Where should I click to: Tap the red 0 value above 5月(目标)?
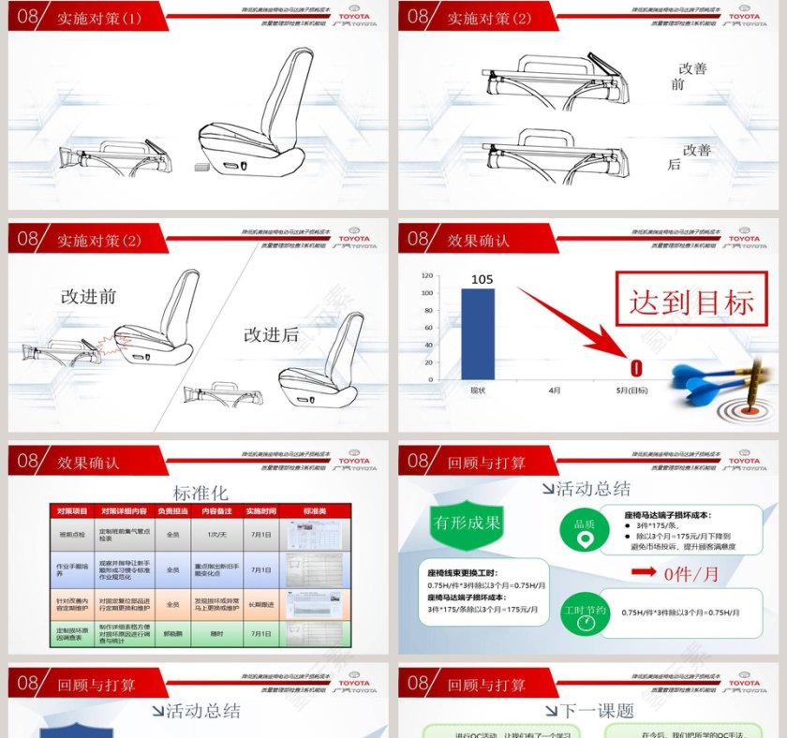[x=636, y=368]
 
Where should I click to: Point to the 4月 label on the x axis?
[x=555, y=389]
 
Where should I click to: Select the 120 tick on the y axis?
[x=426, y=276]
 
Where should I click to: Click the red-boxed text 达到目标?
[x=690, y=303]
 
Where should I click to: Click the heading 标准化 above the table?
[x=200, y=493]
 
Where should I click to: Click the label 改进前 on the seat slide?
[x=89, y=296]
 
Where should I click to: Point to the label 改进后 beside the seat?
[x=272, y=334]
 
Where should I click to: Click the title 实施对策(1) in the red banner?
[x=99, y=18]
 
